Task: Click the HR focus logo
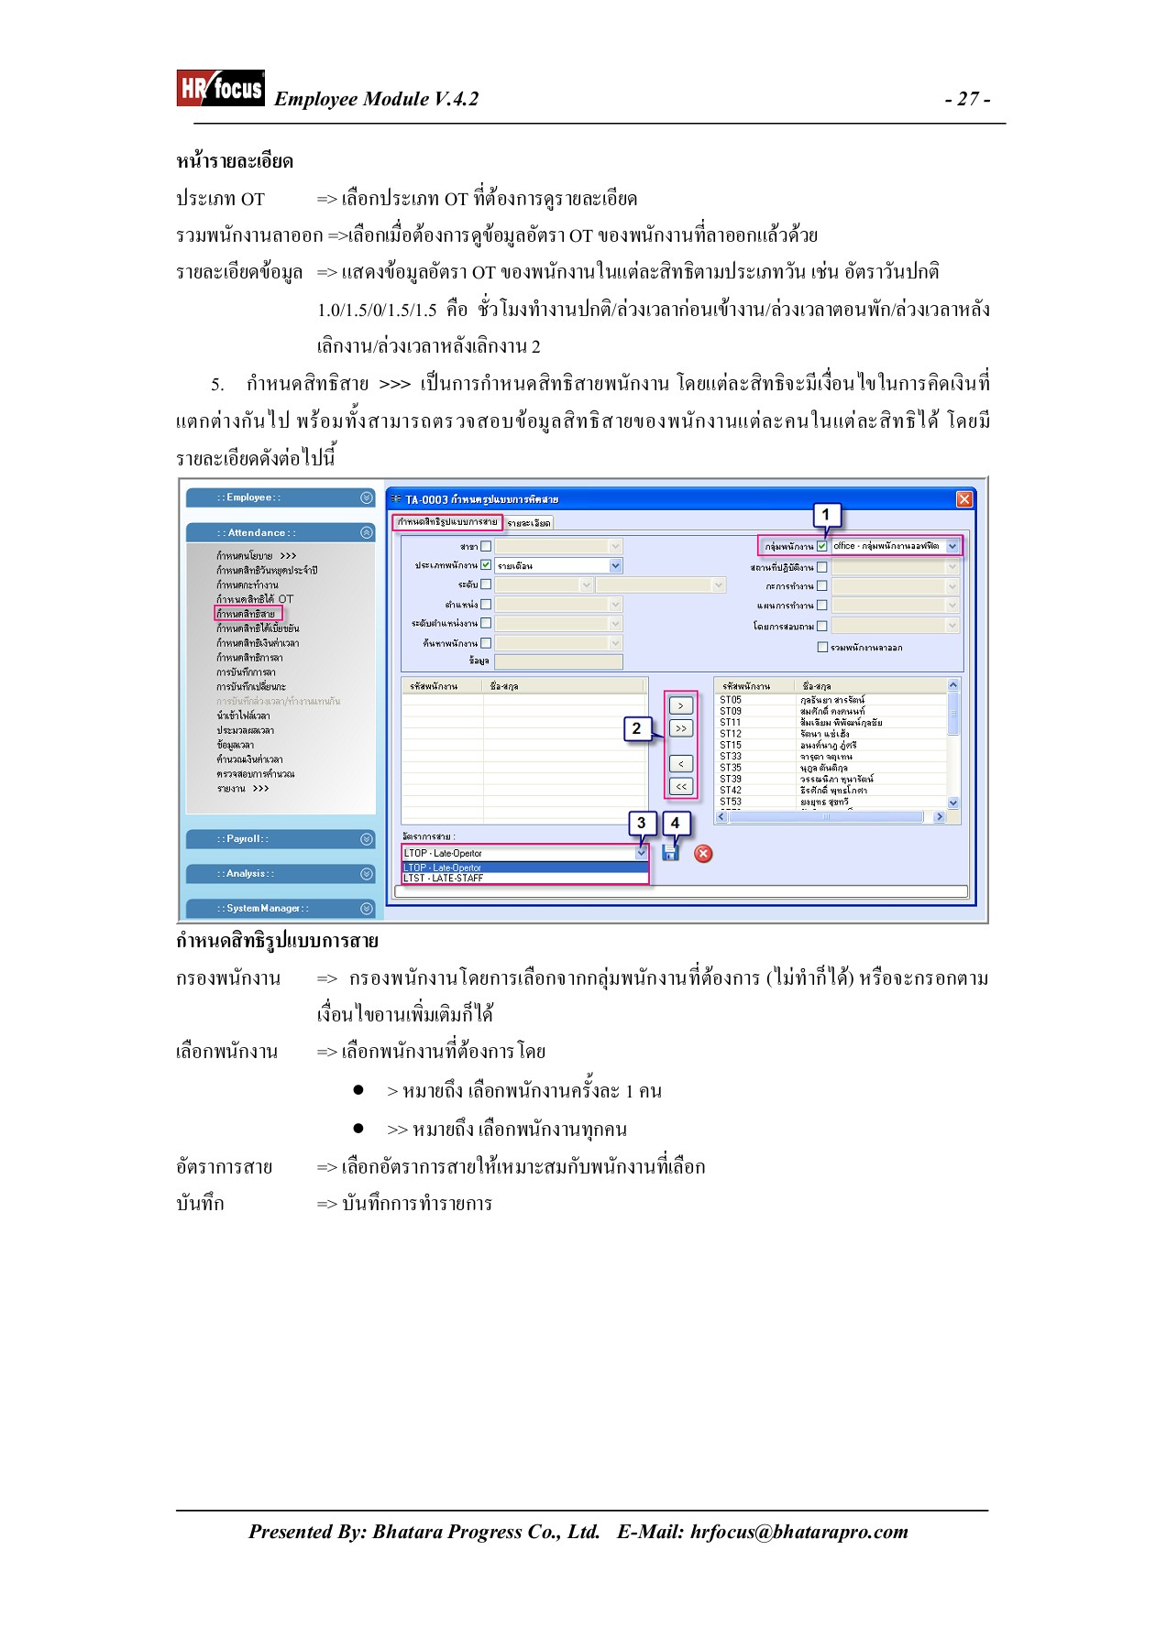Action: pyautogui.click(x=220, y=88)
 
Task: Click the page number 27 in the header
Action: pyautogui.click(x=967, y=99)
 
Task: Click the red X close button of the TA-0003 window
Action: pyautogui.click(x=963, y=499)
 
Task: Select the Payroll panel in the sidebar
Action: pyautogui.click(x=281, y=839)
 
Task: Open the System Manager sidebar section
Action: pyautogui.click(x=281, y=909)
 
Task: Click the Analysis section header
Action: pyautogui.click(x=281, y=874)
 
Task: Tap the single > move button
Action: pyautogui.click(x=680, y=706)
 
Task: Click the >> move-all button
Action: pyautogui.click(x=680, y=729)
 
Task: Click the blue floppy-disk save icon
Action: pyautogui.click(x=670, y=854)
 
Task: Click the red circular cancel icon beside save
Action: pyautogui.click(x=703, y=854)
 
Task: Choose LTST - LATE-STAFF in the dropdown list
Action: pyautogui.click(x=444, y=879)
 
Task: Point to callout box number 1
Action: pyautogui.click(x=825, y=515)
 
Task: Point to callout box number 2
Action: pyautogui.click(x=636, y=729)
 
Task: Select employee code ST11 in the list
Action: pyautogui.click(x=731, y=723)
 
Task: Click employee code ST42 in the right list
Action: pyautogui.click(x=731, y=791)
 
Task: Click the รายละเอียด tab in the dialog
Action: pyautogui.click(x=529, y=523)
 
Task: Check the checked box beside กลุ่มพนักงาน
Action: pyautogui.click(x=822, y=546)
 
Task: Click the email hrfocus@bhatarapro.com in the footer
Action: pyautogui.click(x=798, y=1532)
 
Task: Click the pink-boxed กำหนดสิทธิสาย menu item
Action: pyautogui.click(x=247, y=614)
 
